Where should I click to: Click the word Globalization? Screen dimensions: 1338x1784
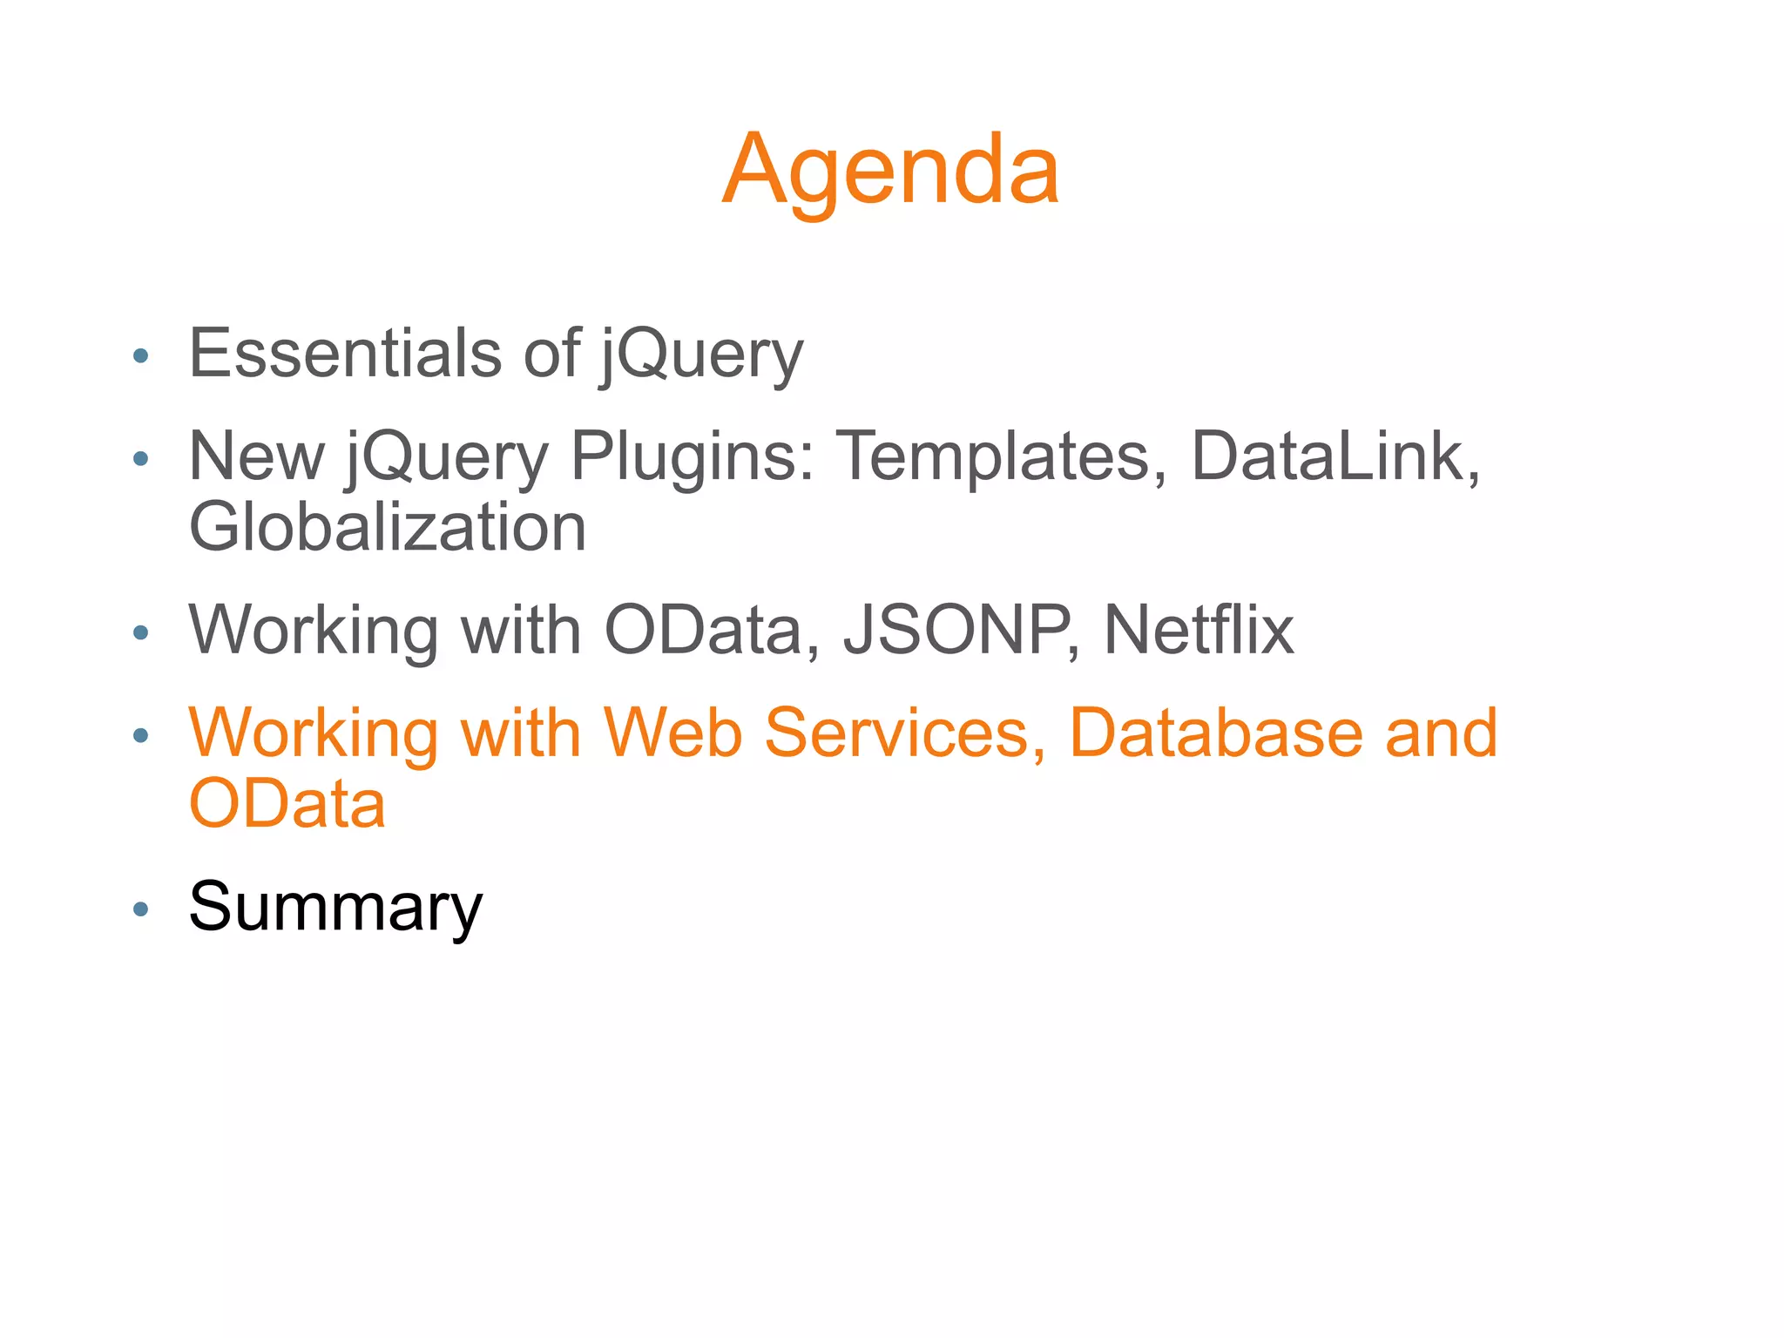point(388,527)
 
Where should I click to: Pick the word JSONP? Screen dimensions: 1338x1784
point(957,630)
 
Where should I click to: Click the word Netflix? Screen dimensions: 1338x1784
point(1199,630)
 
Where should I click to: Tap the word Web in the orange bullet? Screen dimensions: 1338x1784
point(673,733)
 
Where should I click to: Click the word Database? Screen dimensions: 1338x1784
point(1215,733)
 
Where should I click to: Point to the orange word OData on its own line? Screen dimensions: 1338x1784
point(287,804)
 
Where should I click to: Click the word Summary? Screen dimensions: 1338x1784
point(335,907)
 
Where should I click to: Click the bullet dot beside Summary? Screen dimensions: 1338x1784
point(140,910)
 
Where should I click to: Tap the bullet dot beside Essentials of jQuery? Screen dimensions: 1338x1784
point(140,356)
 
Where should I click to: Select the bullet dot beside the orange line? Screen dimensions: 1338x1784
point(140,736)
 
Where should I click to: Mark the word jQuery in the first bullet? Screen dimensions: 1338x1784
point(701,355)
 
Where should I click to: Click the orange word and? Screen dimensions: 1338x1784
point(1442,733)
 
